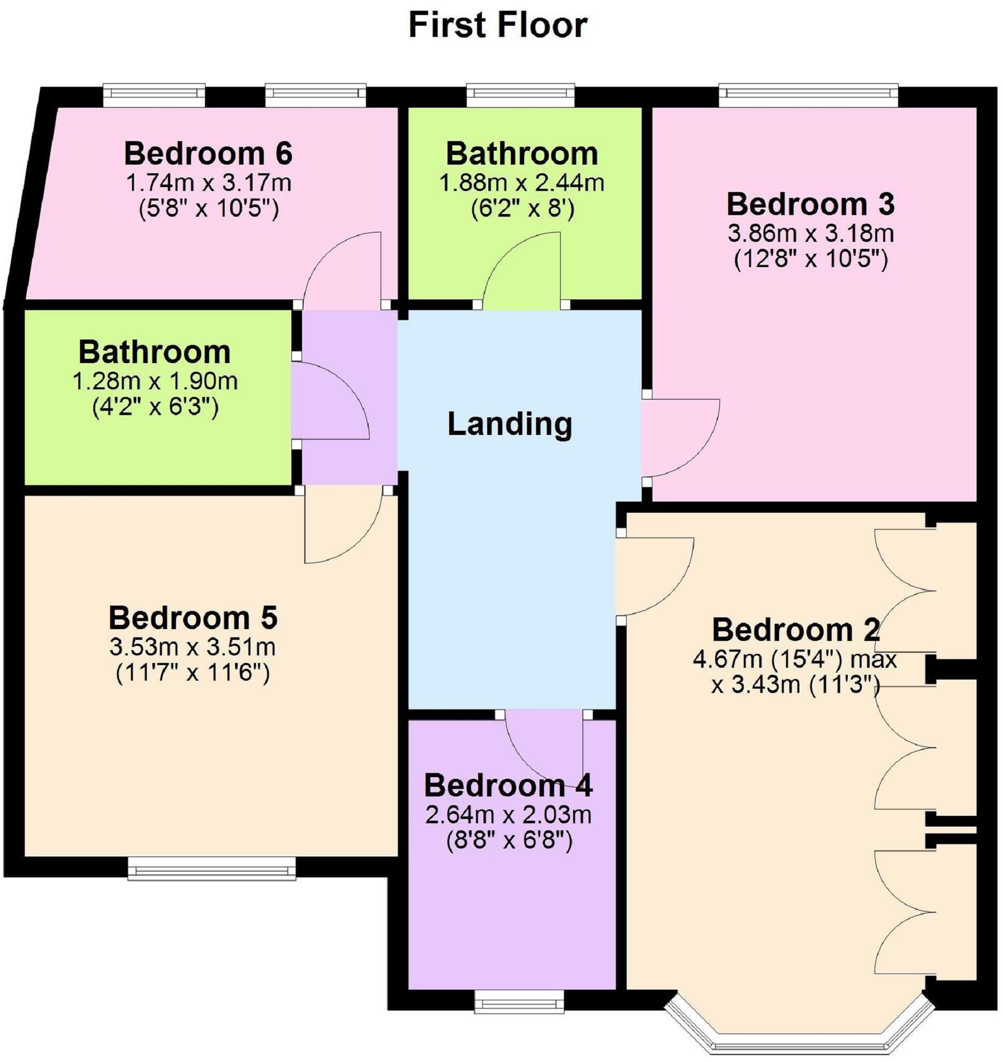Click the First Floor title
[498, 25]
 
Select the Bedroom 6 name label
[208, 153]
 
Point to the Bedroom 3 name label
[810, 204]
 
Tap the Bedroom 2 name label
[796, 630]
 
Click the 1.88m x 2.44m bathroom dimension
[522, 183]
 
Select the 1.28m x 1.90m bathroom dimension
[155, 381]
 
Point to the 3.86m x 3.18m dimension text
[811, 234]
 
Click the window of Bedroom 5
[211, 868]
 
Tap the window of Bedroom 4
[519, 1001]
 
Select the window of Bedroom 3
[808, 95]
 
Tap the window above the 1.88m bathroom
[520, 95]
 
